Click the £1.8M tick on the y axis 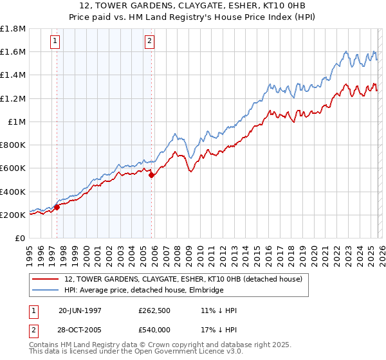click(12, 29)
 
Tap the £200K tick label click(12, 215)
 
